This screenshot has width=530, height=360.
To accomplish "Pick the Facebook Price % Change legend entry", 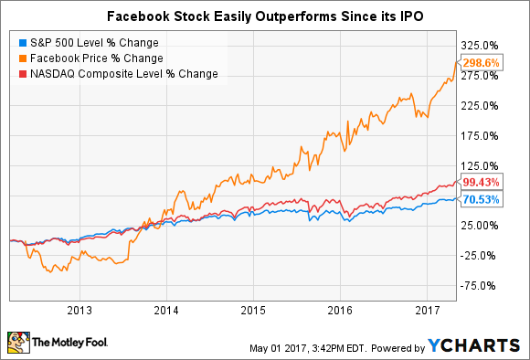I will pos(87,58).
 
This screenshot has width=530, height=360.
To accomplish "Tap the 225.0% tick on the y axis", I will pos(482,105).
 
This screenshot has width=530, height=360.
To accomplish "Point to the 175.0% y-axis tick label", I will pos(482,135).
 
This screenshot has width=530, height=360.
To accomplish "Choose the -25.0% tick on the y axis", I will pos(482,256).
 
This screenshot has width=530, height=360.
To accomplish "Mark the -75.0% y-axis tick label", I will pos(482,286).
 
